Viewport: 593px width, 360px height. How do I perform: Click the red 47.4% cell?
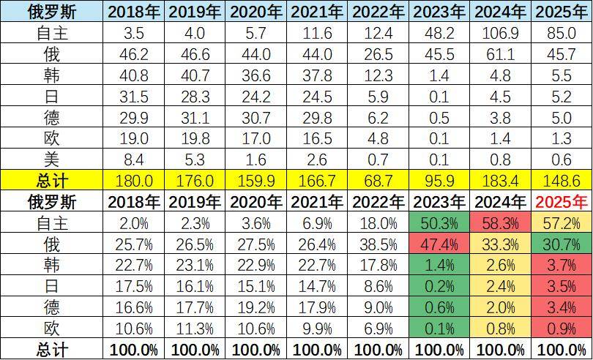tap(439, 244)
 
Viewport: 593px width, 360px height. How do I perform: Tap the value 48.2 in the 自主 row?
tap(439, 33)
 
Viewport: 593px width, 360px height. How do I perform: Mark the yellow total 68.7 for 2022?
tap(377, 180)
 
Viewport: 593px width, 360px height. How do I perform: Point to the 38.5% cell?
tap(377, 244)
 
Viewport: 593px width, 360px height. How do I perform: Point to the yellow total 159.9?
tap(255, 180)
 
